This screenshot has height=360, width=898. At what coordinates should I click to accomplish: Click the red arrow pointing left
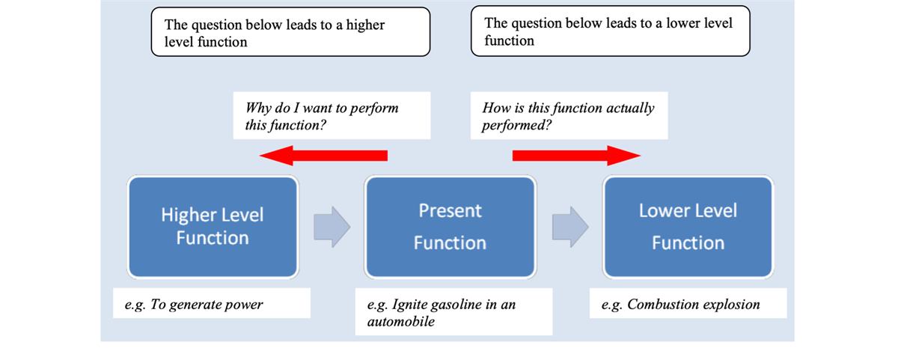click(x=323, y=155)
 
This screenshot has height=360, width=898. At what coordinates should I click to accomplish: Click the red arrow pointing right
click(x=576, y=155)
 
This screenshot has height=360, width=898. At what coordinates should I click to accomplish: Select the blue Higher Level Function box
click(x=213, y=227)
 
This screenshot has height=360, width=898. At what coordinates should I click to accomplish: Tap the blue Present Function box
click(x=450, y=227)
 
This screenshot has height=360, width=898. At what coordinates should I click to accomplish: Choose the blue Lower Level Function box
click(x=688, y=227)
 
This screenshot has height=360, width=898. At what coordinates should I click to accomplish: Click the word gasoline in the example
click(x=458, y=305)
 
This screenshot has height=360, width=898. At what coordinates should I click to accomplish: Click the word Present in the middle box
click(x=450, y=211)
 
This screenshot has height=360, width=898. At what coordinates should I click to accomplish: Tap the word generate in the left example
click(x=194, y=305)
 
